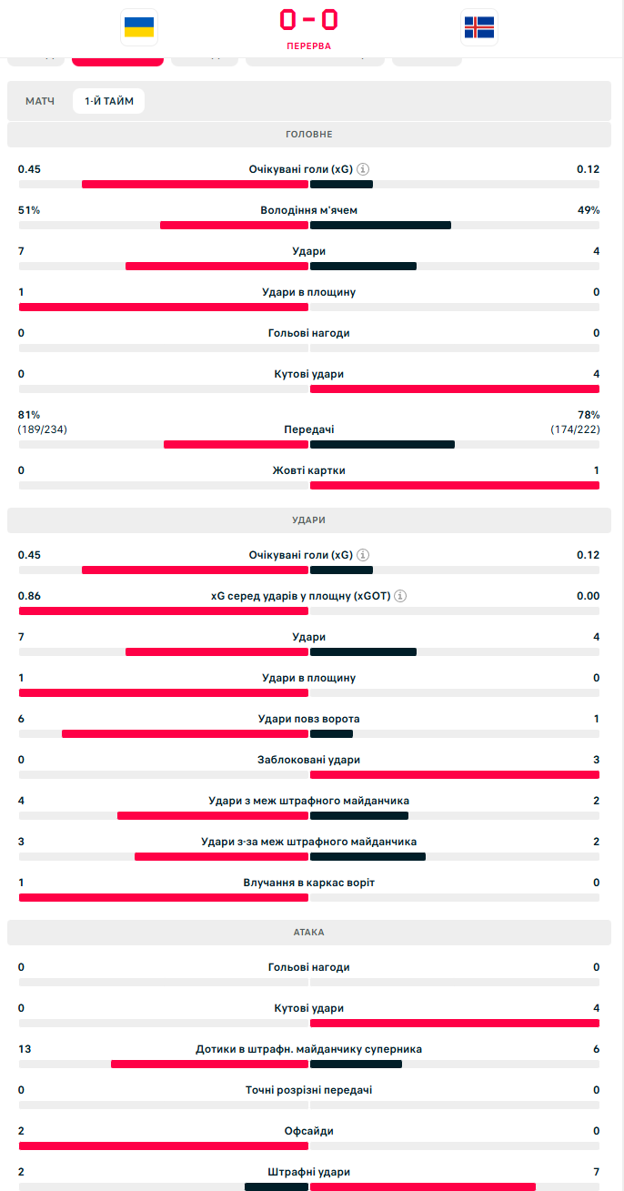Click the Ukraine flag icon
pyautogui.click(x=139, y=27)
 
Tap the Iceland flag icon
pyautogui.click(x=479, y=27)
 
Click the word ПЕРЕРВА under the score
pyautogui.click(x=308, y=45)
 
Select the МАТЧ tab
pyautogui.click(x=40, y=101)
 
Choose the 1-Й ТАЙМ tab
pyautogui.click(x=109, y=101)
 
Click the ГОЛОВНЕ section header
pyautogui.click(x=309, y=135)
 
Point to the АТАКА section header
pyautogui.click(x=309, y=933)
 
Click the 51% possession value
pyautogui.click(x=29, y=210)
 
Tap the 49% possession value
pyautogui.click(x=589, y=210)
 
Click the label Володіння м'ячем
pyautogui.click(x=309, y=210)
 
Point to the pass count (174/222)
pyautogui.click(x=575, y=429)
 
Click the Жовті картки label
pyautogui.click(x=309, y=470)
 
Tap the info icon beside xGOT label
pyautogui.click(x=400, y=596)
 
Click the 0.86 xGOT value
pyautogui.click(x=30, y=596)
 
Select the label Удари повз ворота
pyautogui.click(x=309, y=719)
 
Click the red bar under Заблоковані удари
pyautogui.click(x=455, y=775)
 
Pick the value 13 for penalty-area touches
pyautogui.click(x=25, y=1049)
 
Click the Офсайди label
pyautogui.click(x=309, y=1131)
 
